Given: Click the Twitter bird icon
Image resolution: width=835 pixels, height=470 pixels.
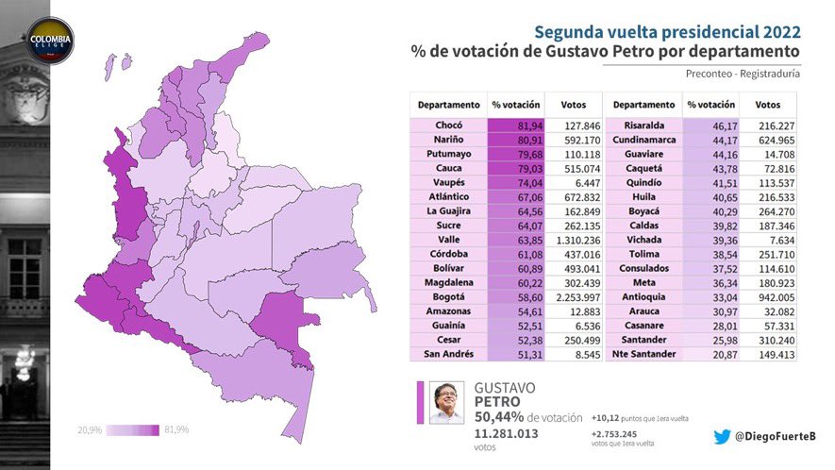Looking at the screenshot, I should [721, 436].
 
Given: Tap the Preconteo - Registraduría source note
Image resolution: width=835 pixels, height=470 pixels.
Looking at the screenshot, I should [742, 74].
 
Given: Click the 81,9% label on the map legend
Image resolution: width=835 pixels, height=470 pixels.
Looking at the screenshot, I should [176, 429].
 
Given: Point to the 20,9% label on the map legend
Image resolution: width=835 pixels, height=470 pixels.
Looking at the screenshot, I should [90, 429].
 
